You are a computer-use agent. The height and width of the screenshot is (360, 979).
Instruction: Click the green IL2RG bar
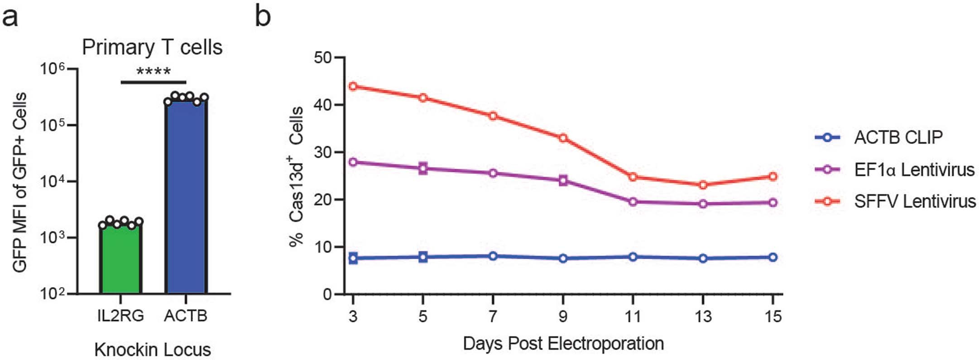(x=120, y=258)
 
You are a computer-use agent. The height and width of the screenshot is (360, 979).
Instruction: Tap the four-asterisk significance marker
(x=154, y=72)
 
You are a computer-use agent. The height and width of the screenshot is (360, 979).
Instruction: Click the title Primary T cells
(x=152, y=47)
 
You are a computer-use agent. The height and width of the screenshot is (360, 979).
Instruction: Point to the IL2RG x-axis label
(x=120, y=316)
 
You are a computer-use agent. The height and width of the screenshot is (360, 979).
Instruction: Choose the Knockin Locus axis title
(x=153, y=350)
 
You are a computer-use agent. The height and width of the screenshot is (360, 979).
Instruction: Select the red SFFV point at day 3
(x=353, y=86)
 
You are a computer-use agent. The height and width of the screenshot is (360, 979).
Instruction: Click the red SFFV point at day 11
(x=633, y=177)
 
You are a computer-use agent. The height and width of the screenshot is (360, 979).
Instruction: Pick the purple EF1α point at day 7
(x=493, y=173)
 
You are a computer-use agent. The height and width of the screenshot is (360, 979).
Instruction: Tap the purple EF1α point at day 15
(x=773, y=202)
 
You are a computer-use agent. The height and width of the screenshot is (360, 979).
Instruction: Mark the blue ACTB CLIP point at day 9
(x=563, y=259)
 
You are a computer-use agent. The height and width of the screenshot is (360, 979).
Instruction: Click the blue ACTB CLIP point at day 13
(x=703, y=259)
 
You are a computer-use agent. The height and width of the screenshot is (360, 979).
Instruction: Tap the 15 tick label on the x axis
(x=773, y=316)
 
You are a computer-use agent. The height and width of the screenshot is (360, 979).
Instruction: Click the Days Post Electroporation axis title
(x=563, y=344)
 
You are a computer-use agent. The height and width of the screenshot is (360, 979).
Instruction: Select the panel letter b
(x=263, y=16)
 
